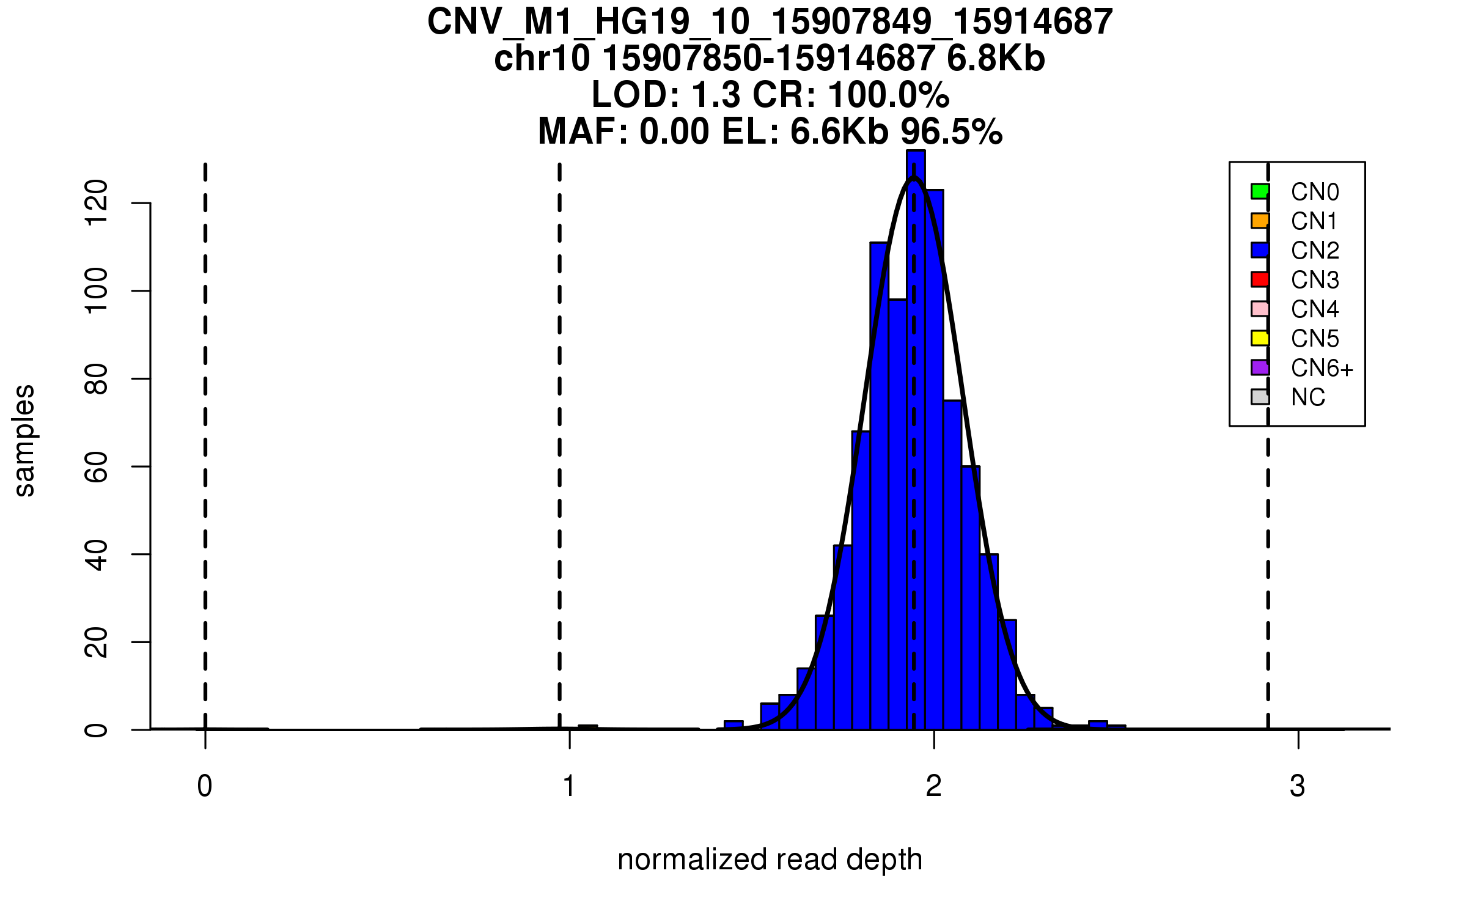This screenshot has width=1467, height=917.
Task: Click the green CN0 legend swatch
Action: point(1260,191)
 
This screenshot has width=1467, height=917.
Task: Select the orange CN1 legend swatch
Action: point(1260,221)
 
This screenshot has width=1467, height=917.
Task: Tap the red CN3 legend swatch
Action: point(1260,279)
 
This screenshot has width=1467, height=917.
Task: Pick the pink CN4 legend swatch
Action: point(1260,309)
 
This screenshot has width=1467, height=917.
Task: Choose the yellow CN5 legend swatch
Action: point(1260,338)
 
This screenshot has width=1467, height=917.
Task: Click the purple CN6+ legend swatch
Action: point(1260,367)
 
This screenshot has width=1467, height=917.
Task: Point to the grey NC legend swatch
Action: point(1260,397)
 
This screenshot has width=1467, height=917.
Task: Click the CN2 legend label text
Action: point(1315,251)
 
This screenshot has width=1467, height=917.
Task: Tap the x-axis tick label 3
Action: point(1298,786)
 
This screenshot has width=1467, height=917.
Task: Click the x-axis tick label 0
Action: point(205,786)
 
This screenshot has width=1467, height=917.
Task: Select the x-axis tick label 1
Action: point(569,786)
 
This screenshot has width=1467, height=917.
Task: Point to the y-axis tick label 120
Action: point(97,203)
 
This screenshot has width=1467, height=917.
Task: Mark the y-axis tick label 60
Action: point(97,466)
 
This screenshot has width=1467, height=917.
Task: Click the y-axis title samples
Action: point(24,440)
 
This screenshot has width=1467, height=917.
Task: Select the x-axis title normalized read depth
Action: point(770,860)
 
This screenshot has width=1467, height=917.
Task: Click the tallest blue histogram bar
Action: point(916,428)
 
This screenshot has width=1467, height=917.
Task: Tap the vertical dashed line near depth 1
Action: point(559,428)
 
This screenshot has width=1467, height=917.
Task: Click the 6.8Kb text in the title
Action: point(996,59)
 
